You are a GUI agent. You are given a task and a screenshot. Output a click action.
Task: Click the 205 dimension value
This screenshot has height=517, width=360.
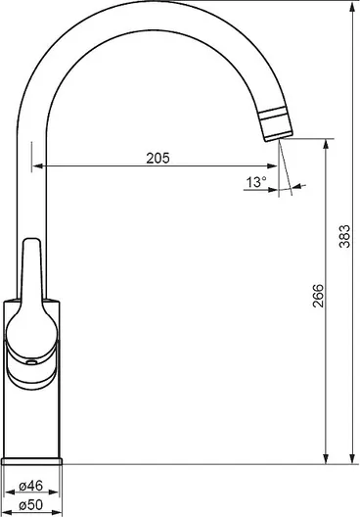click(158, 158)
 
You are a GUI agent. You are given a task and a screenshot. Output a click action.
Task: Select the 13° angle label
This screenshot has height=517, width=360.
click(256, 182)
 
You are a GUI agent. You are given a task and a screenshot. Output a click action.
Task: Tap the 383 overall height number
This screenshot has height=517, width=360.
click(345, 236)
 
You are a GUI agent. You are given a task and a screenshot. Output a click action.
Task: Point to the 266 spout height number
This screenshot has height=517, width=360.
click(318, 296)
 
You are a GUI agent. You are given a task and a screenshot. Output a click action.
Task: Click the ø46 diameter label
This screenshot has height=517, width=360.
click(31, 486)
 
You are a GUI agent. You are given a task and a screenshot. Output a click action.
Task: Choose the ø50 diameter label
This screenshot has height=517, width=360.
click(31, 505)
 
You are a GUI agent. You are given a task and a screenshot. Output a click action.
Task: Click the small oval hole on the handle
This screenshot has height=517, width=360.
click(32, 362)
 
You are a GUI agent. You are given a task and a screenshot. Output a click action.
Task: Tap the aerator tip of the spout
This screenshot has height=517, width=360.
click(276, 124)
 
